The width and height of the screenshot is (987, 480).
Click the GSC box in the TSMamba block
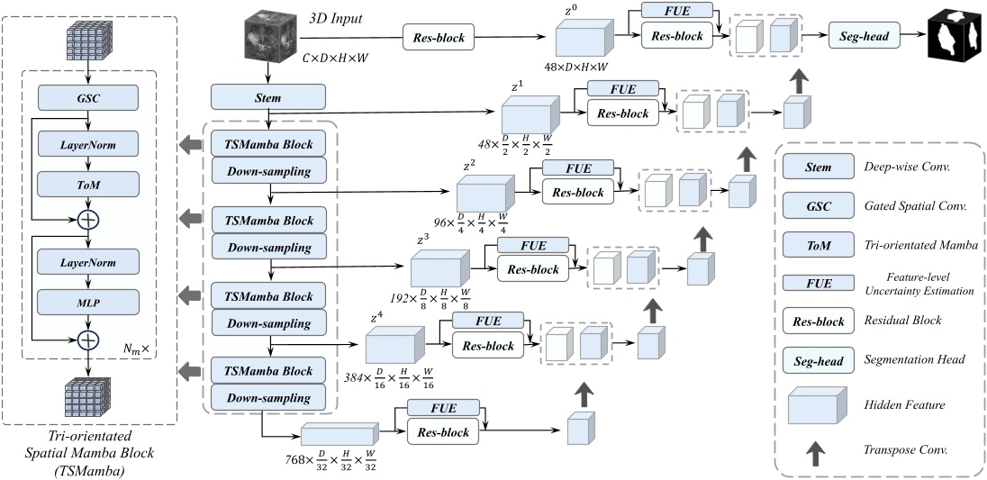point(88,97)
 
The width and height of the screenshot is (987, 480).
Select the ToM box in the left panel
point(88,184)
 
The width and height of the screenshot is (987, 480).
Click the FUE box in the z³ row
point(532,245)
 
